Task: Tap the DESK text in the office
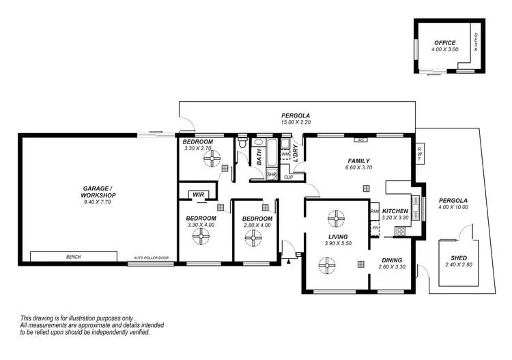click(476, 46)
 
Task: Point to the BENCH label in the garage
click(73, 257)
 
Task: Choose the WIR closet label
click(199, 195)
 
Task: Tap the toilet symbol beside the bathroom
click(242, 143)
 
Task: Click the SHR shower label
click(271, 174)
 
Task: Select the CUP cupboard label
click(289, 178)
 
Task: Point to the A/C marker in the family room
click(359, 140)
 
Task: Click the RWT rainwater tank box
click(420, 154)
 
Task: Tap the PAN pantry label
click(374, 212)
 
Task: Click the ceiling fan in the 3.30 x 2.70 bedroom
click(209, 158)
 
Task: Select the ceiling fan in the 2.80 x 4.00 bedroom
click(253, 237)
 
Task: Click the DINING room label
click(391, 260)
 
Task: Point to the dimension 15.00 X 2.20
click(296, 122)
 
